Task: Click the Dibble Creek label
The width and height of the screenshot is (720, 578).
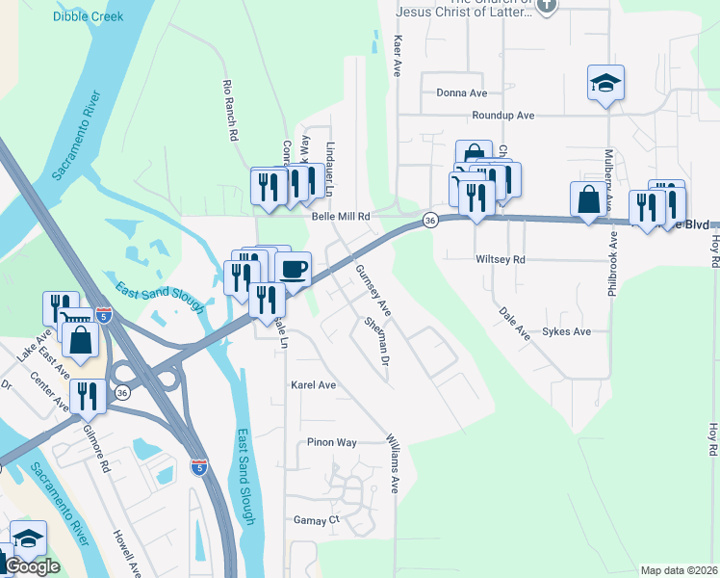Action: tap(89, 16)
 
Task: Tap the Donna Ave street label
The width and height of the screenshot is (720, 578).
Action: tap(461, 93)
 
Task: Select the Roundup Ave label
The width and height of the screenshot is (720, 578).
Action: tap(502, 116)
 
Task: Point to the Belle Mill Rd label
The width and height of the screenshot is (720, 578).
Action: tap(341, 218)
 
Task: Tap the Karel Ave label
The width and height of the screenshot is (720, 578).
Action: tap(314, 384)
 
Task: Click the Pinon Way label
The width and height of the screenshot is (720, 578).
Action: tap(332, 443)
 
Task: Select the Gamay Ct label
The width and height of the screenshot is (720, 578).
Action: tap(317, 520)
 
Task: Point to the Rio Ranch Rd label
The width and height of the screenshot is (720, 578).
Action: tap(230, 111)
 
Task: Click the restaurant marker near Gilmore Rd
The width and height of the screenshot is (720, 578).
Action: tap(88, 395)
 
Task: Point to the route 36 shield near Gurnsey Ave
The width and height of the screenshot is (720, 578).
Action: tap(429, 221)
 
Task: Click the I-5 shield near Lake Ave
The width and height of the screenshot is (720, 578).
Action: tap(104, 314)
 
